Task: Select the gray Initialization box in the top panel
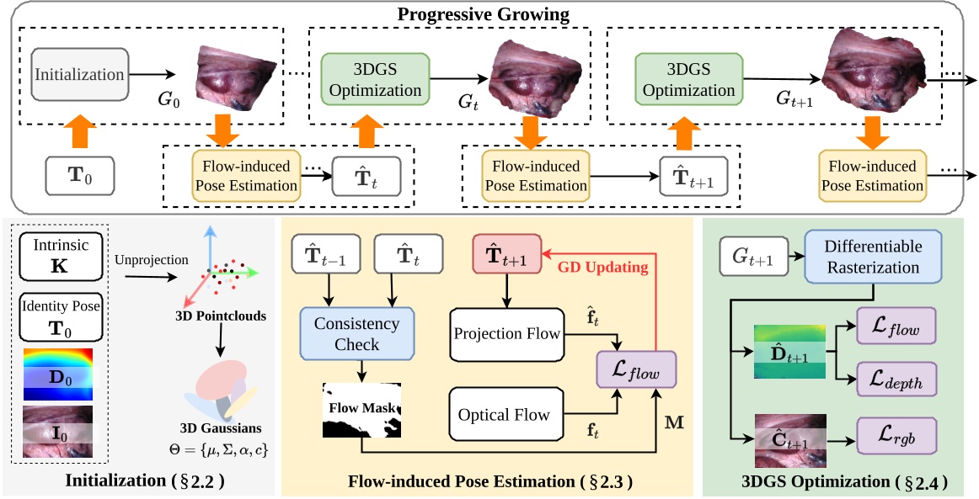pos(79,75)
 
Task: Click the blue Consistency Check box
pos(357,334)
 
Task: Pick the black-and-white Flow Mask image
pos(362,410)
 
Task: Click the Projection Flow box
pos(507,334)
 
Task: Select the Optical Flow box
pos(504,414)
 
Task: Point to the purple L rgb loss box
pos(895,441)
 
